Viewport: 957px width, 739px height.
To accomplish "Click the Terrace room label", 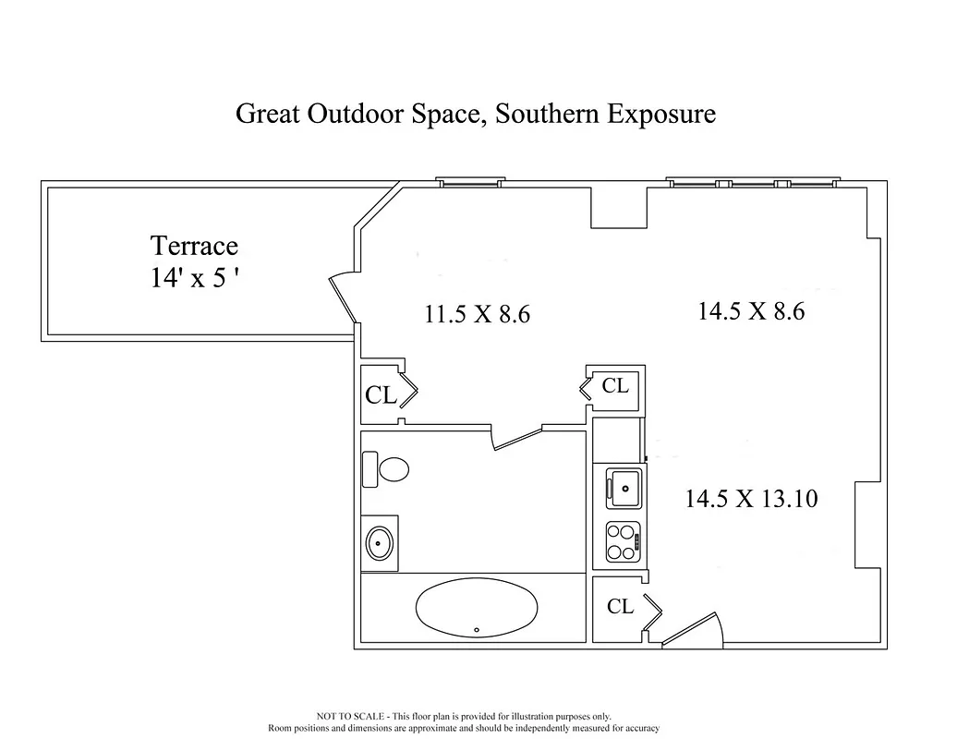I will [194, 247].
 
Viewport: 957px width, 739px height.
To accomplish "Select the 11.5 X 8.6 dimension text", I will [477, 314].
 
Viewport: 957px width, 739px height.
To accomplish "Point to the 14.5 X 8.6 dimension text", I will [750, 311].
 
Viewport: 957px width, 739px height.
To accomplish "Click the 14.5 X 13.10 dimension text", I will [750, 499].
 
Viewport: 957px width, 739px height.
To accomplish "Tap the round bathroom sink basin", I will [380, 542].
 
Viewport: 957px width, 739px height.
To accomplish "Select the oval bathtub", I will [477, 608].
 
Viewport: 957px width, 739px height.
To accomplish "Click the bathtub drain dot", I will [477, 630].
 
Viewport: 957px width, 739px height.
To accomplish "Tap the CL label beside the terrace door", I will [381, 395].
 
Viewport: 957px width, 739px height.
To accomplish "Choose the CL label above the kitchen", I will [615, 386].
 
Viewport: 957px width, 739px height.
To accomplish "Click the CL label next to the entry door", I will [620, 607].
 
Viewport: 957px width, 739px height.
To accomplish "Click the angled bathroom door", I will [518, 438].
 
